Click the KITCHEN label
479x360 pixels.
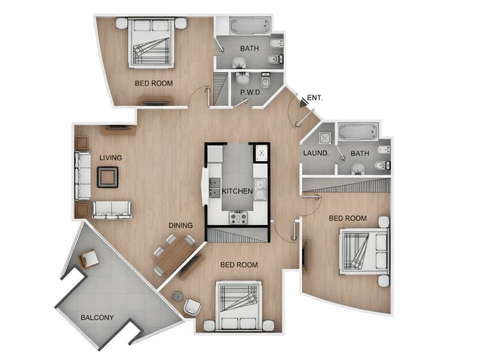237,191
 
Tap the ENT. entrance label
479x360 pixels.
315,97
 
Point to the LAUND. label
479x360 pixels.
315,154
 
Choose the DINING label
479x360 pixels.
180,226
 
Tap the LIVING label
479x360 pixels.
110,158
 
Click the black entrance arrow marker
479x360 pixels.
304,103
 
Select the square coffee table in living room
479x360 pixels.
108,177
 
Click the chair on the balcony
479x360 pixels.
89,258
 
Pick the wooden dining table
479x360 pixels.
174,254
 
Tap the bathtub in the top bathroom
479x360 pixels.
249,26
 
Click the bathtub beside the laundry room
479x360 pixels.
358,131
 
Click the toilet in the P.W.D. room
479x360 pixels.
266,81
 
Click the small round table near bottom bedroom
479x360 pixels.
177,296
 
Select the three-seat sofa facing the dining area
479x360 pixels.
112,209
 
